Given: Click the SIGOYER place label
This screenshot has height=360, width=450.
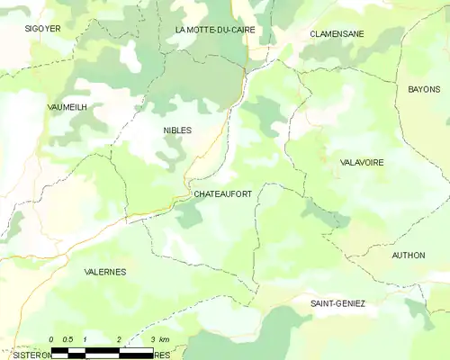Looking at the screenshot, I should click(x=42, y=29).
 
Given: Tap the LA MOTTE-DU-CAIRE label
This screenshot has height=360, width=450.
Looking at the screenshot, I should click(x=214, y=30).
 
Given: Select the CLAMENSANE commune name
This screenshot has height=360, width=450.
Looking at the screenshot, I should click(x=337, y=33).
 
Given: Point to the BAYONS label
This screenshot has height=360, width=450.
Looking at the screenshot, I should click(x=424, y=90).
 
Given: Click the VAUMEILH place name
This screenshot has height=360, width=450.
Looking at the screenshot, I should click(x=67, y=106).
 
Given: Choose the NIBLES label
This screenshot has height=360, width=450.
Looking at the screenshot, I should click(x=177, y=130).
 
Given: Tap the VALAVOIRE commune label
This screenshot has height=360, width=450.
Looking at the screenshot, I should click(x=362, y=163).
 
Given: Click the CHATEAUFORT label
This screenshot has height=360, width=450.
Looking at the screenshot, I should click(x=222, y=193).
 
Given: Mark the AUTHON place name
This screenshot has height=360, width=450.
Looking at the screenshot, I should click(x=409, y=256).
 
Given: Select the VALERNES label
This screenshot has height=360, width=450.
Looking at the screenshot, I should click(x=104, y=271).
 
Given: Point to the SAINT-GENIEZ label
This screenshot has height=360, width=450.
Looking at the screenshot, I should click(x=337, y=304).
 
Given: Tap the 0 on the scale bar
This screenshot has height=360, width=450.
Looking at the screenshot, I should click(x=52, y=339).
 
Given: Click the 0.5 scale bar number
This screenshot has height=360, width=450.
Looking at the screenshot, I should click(x=67, y=339).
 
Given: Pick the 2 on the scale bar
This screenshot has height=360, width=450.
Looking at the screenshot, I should click(x=119, y=339).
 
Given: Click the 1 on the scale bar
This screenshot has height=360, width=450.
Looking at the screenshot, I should click(x=85, y=339).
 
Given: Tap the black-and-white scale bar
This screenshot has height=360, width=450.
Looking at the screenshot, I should click(x=102, y=350).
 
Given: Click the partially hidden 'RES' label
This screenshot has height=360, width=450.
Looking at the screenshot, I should click(x=161, y=355).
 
